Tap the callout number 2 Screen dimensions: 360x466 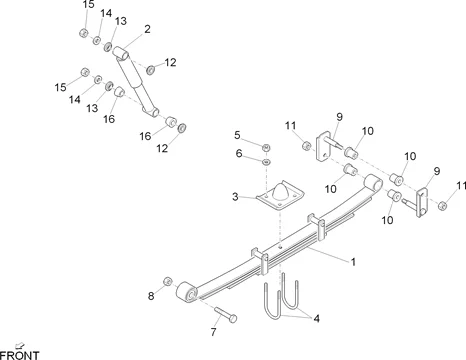(x=147, y=30)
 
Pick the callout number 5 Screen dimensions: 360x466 (x=237, y=134)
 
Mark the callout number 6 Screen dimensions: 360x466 (x=238, y=153)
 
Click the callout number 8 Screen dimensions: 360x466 (x=152, y=295)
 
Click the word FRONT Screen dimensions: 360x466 (x=20, y=354)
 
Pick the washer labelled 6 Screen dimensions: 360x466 (x=267, y=161)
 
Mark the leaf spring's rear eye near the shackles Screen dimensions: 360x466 (x=376, y=184)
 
